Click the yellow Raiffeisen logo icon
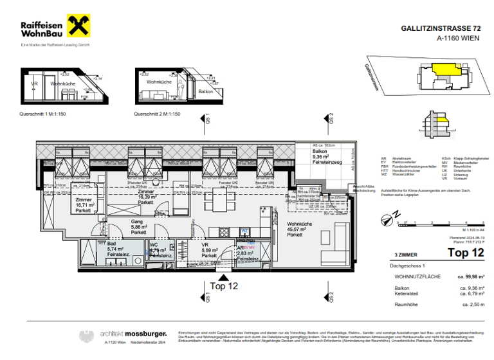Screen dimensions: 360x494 [x=78, y=26]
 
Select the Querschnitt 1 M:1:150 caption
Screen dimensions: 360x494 [x=44, y=114]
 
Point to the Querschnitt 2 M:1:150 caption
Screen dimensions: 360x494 [x=157, y=114]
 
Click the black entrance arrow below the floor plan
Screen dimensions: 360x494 [x=224, y=276]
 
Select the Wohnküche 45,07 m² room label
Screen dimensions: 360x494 [x=300, y=230]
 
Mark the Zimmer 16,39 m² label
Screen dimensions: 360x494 [x=146, y=197]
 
